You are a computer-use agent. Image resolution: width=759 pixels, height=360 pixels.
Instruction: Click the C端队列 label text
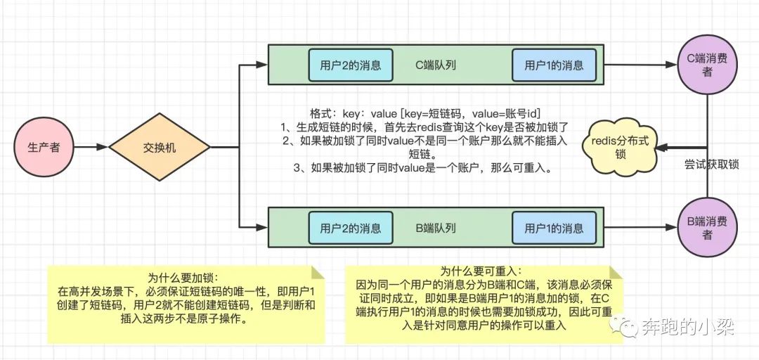(436, 65)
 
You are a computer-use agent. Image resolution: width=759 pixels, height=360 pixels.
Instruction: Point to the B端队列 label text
(436, 228)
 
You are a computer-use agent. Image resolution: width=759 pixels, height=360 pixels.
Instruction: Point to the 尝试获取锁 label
(711, 165)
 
